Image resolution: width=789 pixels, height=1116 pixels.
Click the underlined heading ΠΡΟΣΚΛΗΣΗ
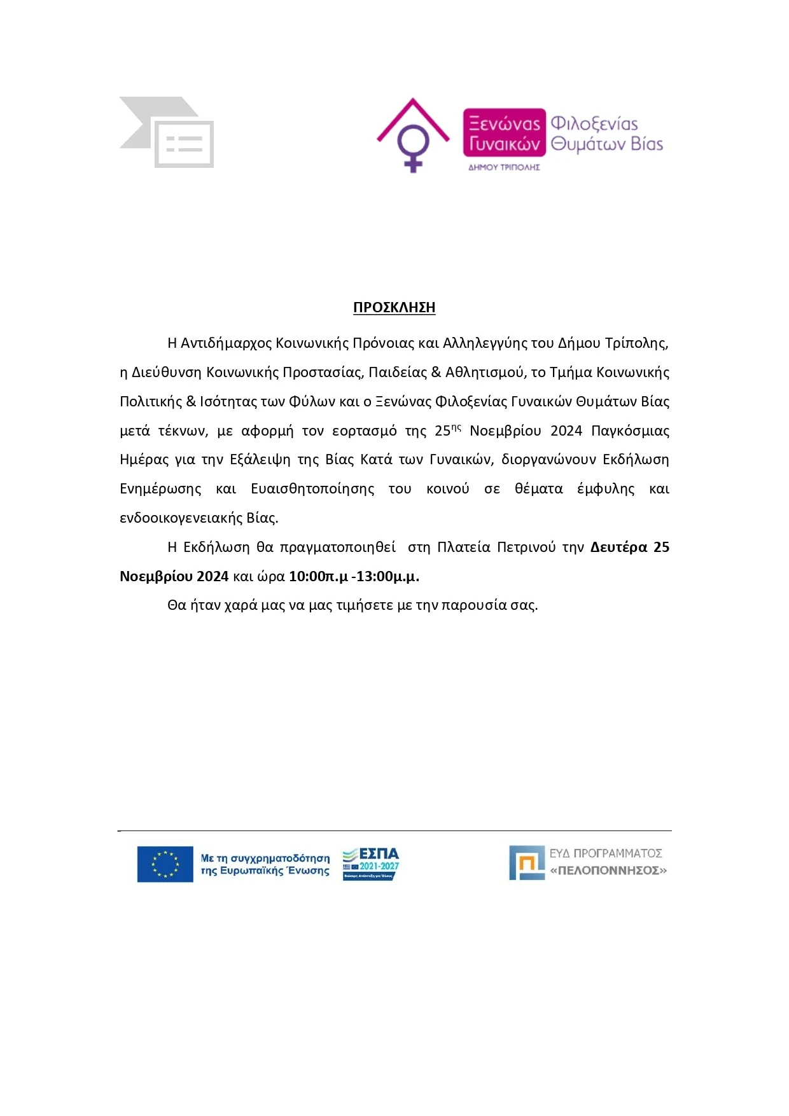[394, 308]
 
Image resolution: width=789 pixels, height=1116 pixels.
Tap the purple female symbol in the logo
[413, 146]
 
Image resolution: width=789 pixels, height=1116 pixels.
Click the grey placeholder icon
[167, 132]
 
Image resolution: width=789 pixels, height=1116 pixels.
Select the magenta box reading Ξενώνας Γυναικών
[504, 133]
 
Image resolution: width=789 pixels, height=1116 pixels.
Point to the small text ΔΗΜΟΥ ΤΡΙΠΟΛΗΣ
[504, 167]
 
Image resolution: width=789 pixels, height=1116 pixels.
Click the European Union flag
[165, 864]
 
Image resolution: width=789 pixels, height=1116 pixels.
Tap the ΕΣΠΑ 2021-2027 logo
[371, 864]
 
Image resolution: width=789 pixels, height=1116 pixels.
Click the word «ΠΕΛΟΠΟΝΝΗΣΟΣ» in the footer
[608, 871]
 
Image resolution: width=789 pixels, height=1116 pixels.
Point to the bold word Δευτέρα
[618, 548]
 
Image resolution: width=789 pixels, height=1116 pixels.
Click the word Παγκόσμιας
[630, 431]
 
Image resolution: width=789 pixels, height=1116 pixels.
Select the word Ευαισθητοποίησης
[312, 489]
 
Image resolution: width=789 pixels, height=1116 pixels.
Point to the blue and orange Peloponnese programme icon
[527, 863]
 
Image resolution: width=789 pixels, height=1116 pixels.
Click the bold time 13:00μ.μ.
[388, 577]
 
